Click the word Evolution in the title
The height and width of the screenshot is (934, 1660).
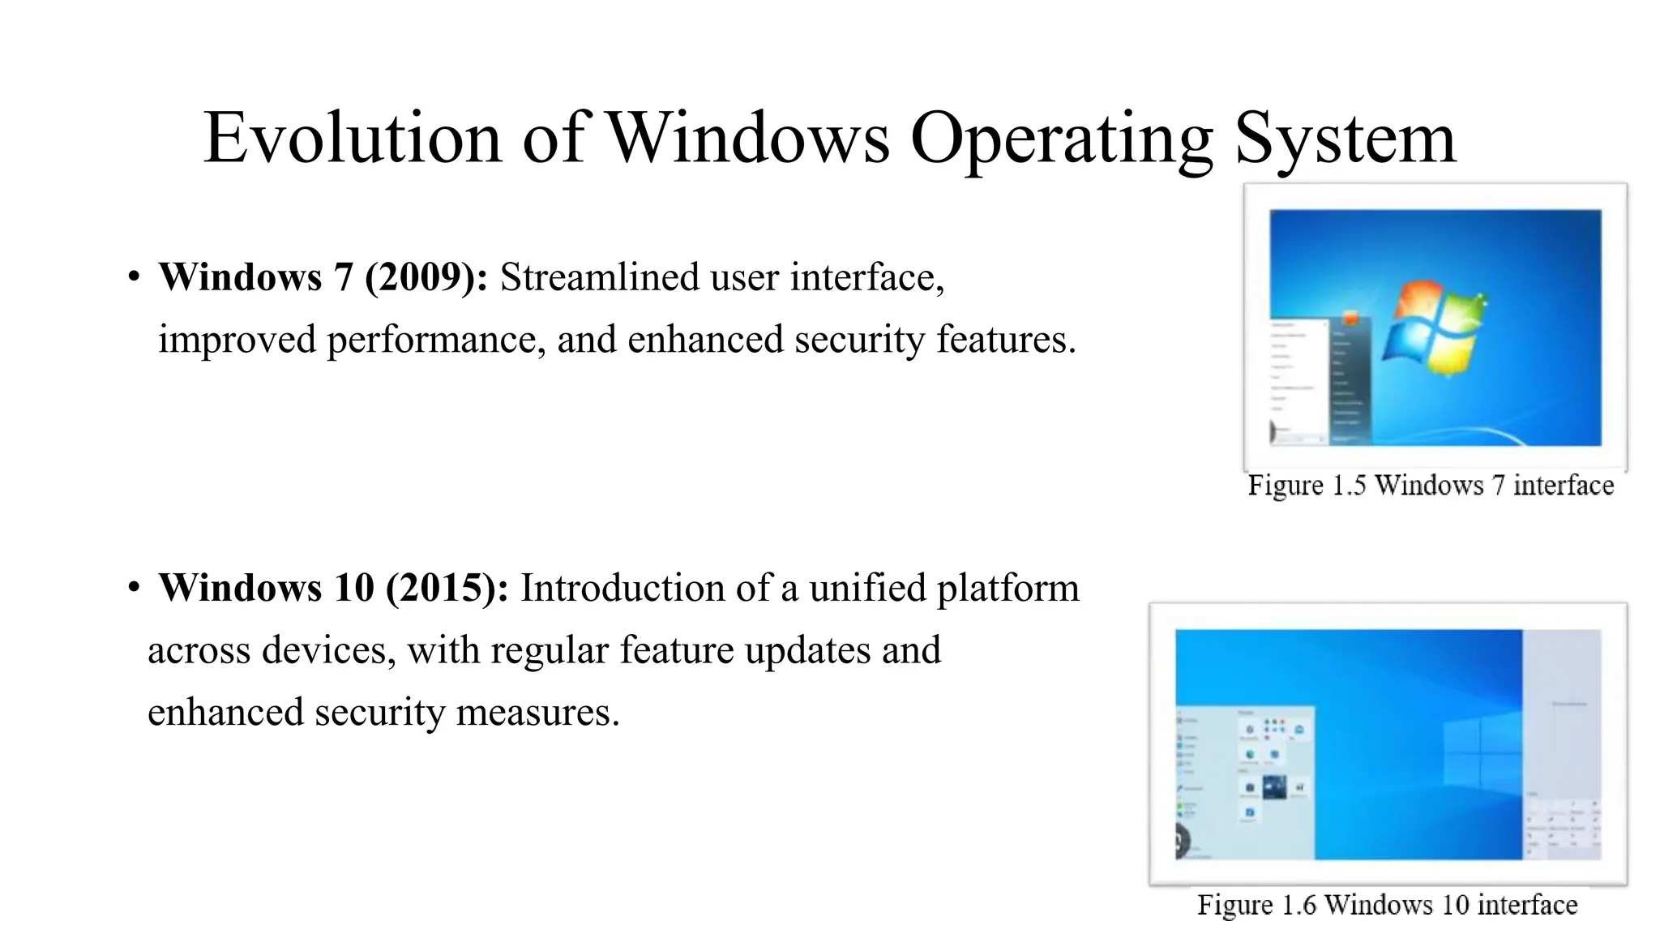[352, 138]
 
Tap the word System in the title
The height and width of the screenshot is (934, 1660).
[1345, 138]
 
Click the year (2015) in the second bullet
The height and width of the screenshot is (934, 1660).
[447, 588]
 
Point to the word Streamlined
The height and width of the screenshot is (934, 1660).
[599, 277]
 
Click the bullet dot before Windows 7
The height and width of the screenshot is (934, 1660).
[134, 277]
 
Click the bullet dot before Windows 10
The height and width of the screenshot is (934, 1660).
[134, 588]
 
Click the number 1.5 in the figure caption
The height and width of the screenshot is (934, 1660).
[1349, 485]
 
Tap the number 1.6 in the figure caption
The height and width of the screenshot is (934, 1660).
[1298, 905]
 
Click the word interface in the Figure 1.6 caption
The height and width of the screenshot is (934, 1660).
[1533, 905]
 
